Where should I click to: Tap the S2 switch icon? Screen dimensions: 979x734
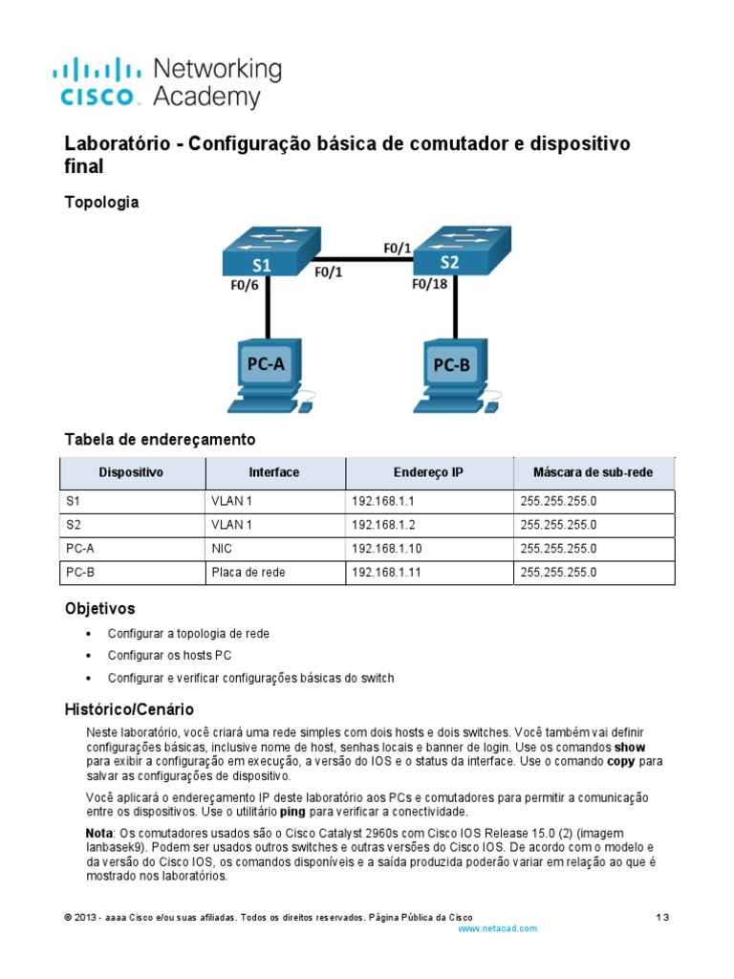(x=457, y=252)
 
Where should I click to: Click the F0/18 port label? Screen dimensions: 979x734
(x=431, y=284)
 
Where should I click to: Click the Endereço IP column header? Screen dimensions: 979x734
(x=428, y=472)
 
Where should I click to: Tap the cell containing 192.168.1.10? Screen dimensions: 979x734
(x=381, y=549)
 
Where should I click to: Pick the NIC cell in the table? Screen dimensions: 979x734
(x=222, y=549)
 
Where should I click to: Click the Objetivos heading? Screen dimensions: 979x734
(x=99, y=608)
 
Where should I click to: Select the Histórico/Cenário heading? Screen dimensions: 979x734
(x=129, y=709)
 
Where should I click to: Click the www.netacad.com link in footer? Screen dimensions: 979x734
(x=497, y=928)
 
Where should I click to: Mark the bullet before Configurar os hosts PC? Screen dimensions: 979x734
(x=89, y=656)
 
